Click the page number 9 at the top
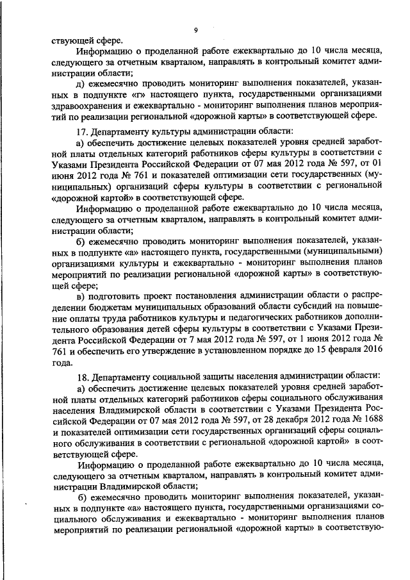tap(195, 29)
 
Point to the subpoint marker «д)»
tap(81, 83)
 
